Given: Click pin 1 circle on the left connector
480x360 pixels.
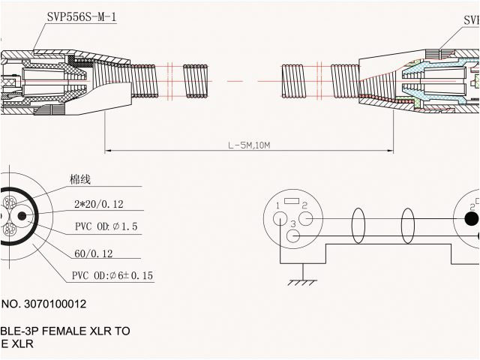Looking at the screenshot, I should point(280,219).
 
